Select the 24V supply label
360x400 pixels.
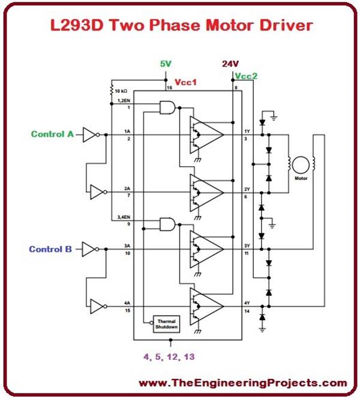tap(230, 64)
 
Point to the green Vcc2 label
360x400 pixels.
tap(247, 77)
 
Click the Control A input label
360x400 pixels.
tap(52, 134)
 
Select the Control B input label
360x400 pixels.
tap(52, 248)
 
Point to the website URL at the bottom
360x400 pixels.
tap(243, 383)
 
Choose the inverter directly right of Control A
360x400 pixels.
tap(89, 135)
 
